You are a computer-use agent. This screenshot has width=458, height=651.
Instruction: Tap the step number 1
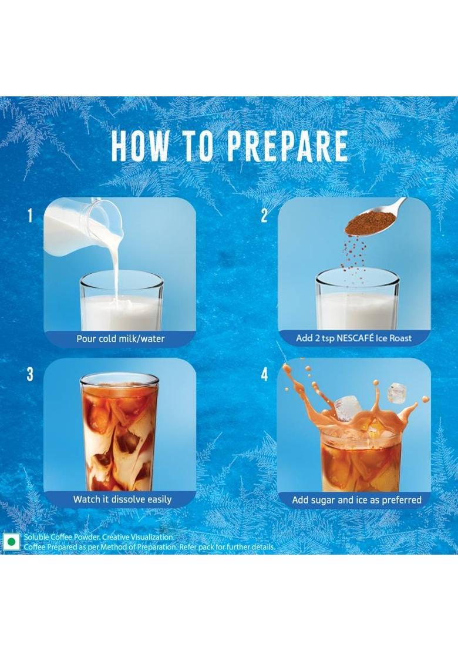coord(30,216)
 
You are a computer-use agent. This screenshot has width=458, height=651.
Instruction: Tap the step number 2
coord(264,216)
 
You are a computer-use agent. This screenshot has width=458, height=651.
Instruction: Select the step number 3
coord(30,374)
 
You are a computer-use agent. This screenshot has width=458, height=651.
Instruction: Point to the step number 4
coord(264,374)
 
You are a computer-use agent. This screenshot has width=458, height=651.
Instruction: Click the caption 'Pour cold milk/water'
coord(120,338)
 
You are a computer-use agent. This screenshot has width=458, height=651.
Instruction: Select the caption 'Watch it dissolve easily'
coord(122,499)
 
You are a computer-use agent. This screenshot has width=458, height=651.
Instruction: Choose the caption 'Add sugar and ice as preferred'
coord(356,500)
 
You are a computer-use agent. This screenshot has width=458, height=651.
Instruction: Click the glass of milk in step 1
coord(122,303)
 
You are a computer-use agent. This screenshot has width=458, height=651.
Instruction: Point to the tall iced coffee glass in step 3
coord(119,432)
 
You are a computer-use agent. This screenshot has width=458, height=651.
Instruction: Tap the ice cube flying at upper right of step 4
coord(398,392)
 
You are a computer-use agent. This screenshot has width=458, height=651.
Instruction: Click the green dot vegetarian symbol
coord(11,541)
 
